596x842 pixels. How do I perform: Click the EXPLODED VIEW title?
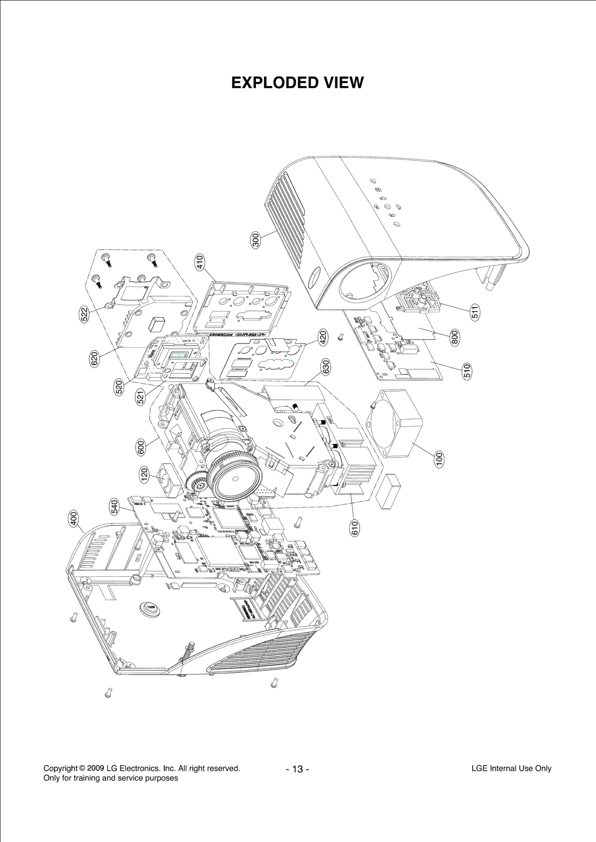click(297, 82)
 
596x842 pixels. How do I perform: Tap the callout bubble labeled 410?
click(200, 262)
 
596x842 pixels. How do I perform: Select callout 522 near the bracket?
click(85, 314)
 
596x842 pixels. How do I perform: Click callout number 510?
click(467, 371)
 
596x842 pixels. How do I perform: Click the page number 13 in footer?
click(297, 769)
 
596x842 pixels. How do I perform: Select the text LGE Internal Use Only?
click(511, 768)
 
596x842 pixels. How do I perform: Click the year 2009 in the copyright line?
click(95, 768)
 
